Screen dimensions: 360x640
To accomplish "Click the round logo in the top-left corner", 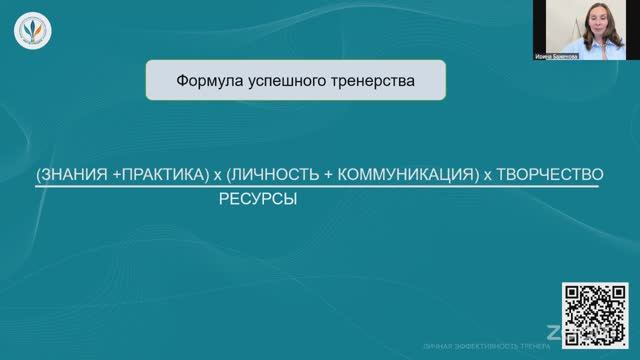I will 29,31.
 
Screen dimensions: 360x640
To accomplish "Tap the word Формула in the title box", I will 205,79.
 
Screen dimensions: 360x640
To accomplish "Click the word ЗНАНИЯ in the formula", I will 75,174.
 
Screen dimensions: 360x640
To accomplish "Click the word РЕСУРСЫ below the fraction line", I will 258,199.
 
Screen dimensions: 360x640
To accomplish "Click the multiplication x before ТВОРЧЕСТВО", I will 488,175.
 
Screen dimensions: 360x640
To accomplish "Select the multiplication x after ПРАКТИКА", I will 217,175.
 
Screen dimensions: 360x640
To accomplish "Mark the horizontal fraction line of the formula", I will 320,187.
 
